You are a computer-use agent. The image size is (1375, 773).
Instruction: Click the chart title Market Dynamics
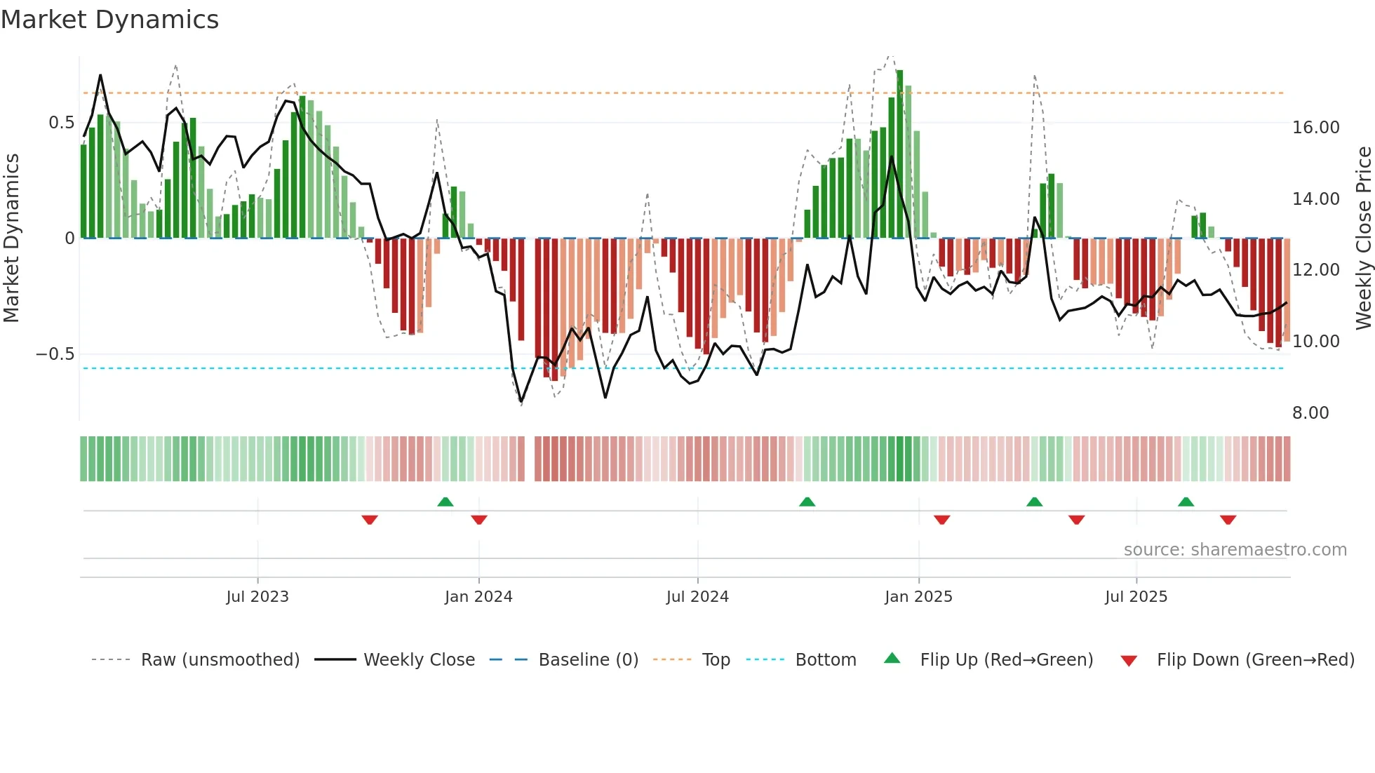coord(109,20)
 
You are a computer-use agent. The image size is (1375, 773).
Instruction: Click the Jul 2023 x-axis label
coord(257,596)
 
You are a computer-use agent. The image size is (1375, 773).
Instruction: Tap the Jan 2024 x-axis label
coord(478,596)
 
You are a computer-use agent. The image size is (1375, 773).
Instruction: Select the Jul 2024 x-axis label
coord(697,596)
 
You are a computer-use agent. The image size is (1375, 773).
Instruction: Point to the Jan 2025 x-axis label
coord(918,596)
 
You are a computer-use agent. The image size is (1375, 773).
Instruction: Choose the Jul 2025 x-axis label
coord(1136,596)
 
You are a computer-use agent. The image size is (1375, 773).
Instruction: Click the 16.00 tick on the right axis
coord(1315,127)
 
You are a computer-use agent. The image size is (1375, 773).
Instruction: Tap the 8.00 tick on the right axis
coord(1310,412)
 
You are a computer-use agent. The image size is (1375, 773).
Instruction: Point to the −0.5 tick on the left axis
coord(55,354)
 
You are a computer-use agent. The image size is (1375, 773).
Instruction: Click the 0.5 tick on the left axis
coord(62,123)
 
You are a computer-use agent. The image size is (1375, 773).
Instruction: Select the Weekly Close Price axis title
coord(1363,238)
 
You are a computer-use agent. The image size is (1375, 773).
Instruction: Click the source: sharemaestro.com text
coord(1235,549)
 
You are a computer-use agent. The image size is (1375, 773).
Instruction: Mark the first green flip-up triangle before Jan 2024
coord(445,502)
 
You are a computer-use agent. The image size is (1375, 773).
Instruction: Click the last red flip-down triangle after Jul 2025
coord(1228,520)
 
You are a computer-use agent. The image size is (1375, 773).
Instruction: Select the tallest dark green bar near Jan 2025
coord(899,154)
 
